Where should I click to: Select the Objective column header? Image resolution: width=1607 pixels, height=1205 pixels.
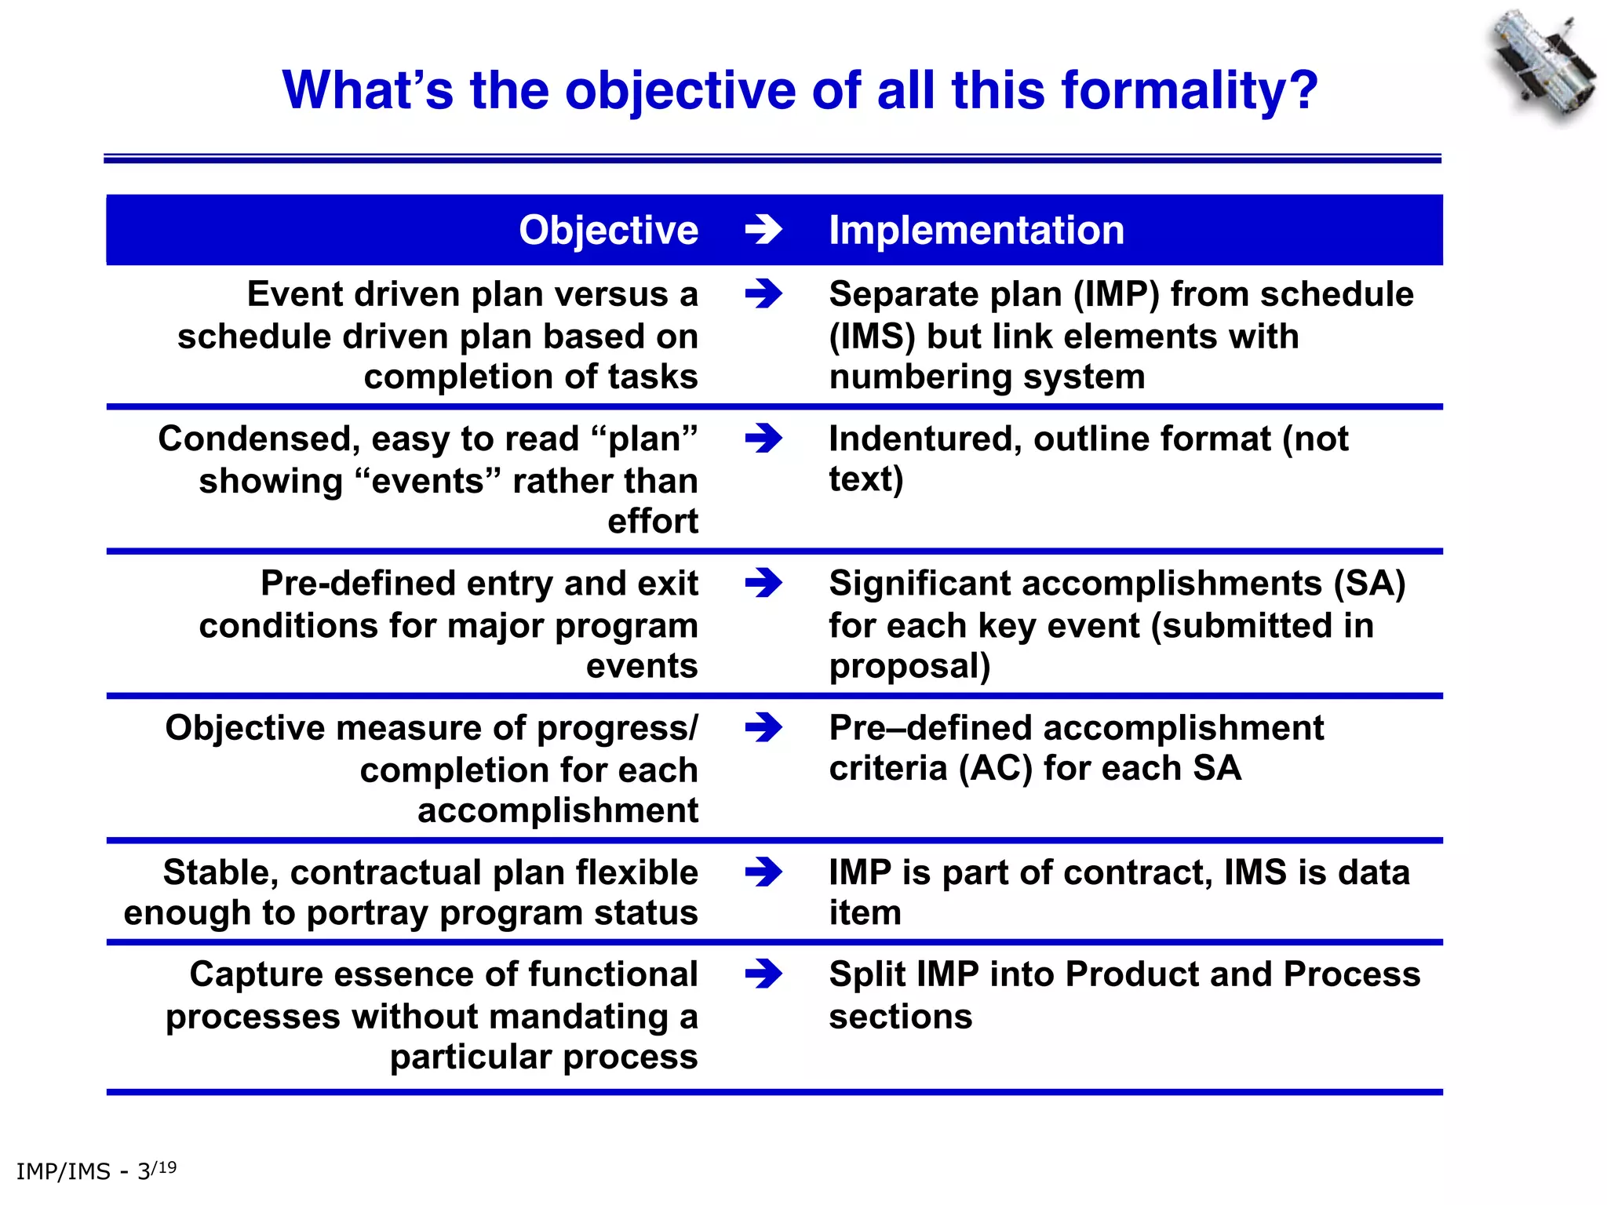click(x=608, y=230)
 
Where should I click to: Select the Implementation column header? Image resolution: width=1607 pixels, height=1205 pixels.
click(x=976, y=230)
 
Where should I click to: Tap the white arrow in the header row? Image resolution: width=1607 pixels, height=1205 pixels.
click(x=763, y=230)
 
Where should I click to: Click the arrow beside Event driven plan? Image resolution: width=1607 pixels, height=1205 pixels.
click(x=763, y=294)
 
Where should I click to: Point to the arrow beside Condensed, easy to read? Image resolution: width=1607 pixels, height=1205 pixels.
click(x=763, y=439)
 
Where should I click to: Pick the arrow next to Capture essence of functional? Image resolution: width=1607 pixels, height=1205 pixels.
click(x=763, y=974)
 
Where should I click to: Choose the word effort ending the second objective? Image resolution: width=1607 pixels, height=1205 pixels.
click(x=652, y=522)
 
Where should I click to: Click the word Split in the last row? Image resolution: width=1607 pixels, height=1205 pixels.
click(x=866, y=974)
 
